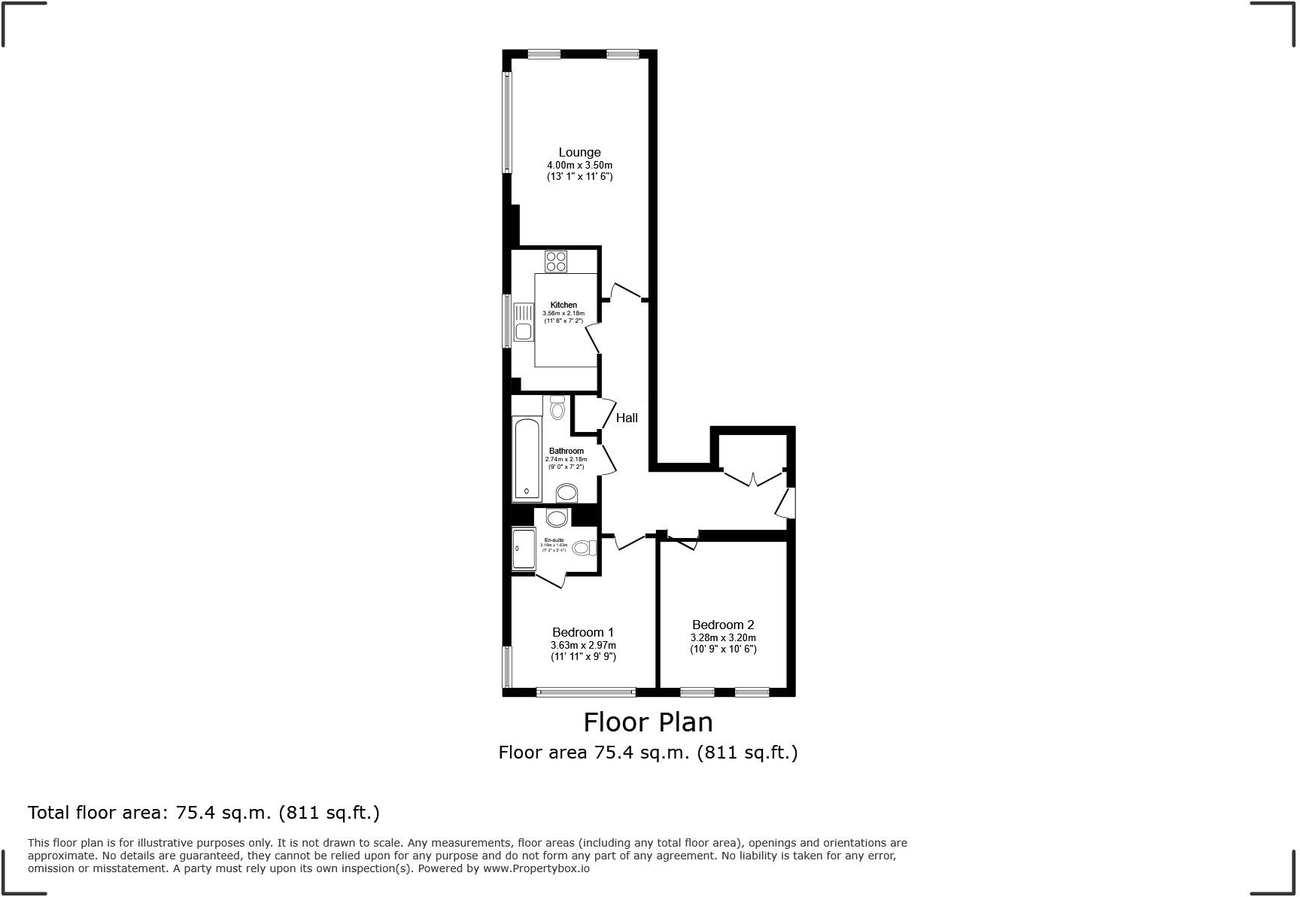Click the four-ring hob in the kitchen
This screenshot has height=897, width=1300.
(556, 261)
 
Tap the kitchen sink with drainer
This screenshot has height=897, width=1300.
(523, 321)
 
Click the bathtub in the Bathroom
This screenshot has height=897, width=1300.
(527, 459)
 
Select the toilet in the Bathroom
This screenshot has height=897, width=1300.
(557, 408)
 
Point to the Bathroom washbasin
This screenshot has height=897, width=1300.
(566, 493)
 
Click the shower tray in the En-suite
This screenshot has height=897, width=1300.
(524, 549)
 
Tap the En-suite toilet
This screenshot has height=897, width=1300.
(583, 548)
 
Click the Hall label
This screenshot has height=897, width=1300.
(627, 418)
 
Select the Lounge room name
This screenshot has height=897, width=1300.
(579, 152)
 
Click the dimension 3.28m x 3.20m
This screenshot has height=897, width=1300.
(723, 637)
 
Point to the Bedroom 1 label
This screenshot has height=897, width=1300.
(583, 632)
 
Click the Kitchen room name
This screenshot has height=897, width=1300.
(563, 305)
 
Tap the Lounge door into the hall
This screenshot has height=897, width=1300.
(626, 291)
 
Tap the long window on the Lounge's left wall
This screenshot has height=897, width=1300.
(507, 123)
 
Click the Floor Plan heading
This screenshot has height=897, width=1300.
(648, 722)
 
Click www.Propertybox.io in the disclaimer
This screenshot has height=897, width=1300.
(536, 868)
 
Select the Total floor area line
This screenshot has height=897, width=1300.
(203, 813)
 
